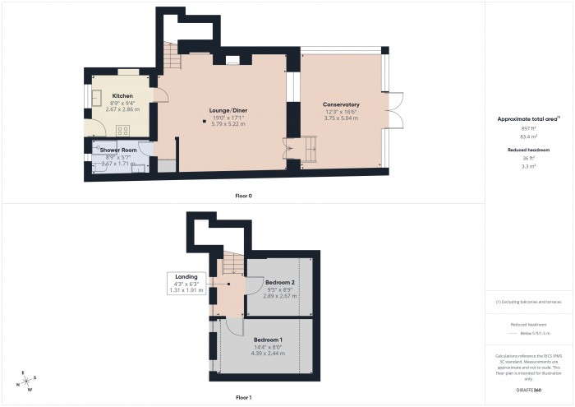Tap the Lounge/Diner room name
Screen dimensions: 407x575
[228, 110]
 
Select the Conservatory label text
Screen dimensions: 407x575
[341, 104]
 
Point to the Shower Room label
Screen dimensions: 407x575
[118, 150]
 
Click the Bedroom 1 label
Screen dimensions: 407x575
[269, 340]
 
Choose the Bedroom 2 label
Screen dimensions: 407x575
[281, 283]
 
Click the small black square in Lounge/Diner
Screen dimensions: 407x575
[205, 123]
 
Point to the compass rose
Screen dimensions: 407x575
[27, 381]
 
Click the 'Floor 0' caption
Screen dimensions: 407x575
[243, 196]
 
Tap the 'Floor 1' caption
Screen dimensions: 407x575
[243, 397]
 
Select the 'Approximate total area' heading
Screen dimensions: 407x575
[528, 119]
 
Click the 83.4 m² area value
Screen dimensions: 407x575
[528, 136]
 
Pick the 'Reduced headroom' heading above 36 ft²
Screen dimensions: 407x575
[528, 150]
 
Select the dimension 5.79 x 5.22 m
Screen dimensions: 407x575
[228, 124]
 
